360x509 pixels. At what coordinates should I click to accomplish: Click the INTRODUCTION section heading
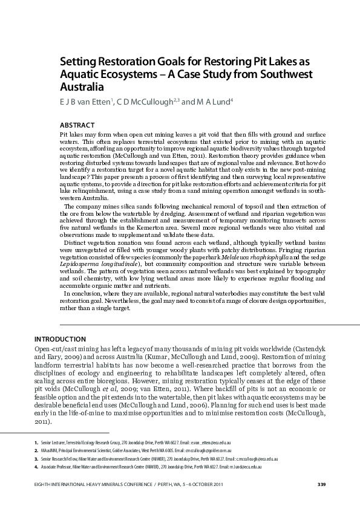click(60, 339)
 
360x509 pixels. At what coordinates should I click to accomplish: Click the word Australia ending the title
click(83, 86)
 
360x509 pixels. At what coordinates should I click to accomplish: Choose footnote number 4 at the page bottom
click(36, 467)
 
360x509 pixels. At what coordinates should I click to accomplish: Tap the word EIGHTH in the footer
click(44, 485)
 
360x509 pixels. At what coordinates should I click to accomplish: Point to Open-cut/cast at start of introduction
click(56, 349)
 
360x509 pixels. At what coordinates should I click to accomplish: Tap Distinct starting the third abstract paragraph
click(77, 244)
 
